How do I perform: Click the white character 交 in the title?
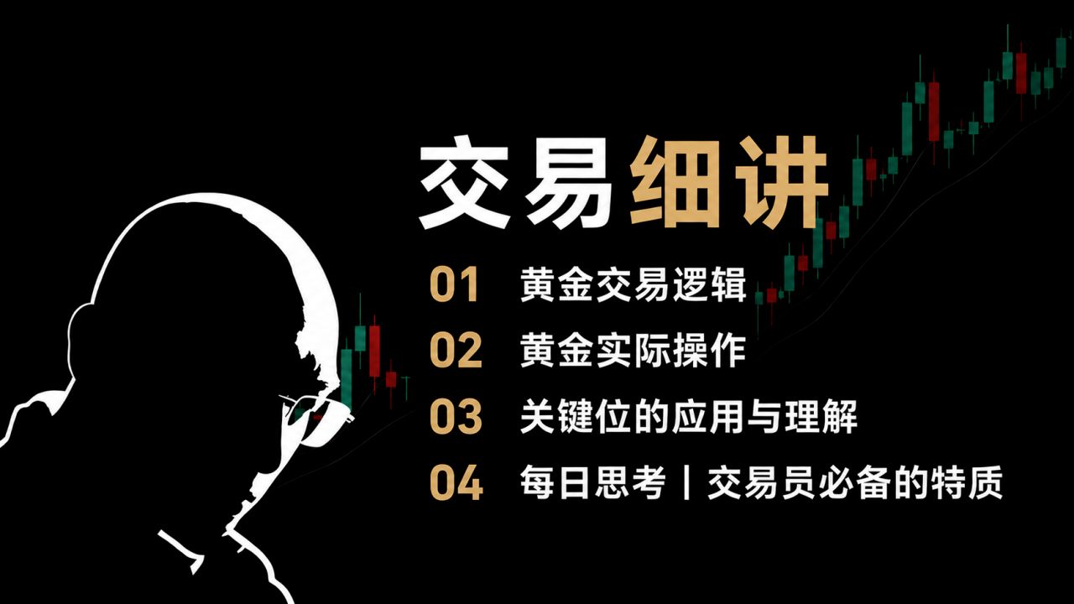(x=464, y=182)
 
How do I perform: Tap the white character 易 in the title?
(x=570, y=182)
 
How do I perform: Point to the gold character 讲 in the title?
(x=780, y=182)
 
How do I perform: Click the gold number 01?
(x=454, y=284)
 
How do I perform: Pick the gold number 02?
(x=456, y=350)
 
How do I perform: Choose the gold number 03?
(x=456, y=416)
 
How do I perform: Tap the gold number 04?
(x=456, y=482)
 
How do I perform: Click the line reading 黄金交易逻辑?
(x=633, y=284)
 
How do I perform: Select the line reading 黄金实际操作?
(x=633, y=351)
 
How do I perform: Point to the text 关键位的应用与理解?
(x=689, y=417)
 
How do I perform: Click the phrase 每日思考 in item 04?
(x=593, y=482)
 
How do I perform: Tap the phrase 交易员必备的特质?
(x=855, y=482)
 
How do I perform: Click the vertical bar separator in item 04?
(x=686, y=482)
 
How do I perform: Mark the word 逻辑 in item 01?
(x=709, y=284)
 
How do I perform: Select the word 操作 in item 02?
(x=709, y=351)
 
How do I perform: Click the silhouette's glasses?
(x=314, y=418)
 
